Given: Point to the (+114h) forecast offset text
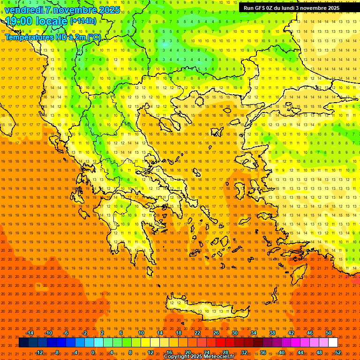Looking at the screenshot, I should pos(83,21).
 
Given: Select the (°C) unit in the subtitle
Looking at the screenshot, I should pos(93,37).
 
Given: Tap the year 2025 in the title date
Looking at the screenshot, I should pos(108,10).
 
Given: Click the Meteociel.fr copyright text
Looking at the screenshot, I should pos(199,357).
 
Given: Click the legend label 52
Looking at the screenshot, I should pos(338,352).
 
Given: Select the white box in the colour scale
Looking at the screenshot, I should pos(333,343).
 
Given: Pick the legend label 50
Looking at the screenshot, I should pos(329,333).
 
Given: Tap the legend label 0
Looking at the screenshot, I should pos(93,352).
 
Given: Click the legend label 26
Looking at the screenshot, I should pos(216,333).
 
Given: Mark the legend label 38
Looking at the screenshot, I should pos(272,333).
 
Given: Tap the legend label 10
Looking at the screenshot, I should pos(141,333).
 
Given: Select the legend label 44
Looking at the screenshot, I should pos(300,352).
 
